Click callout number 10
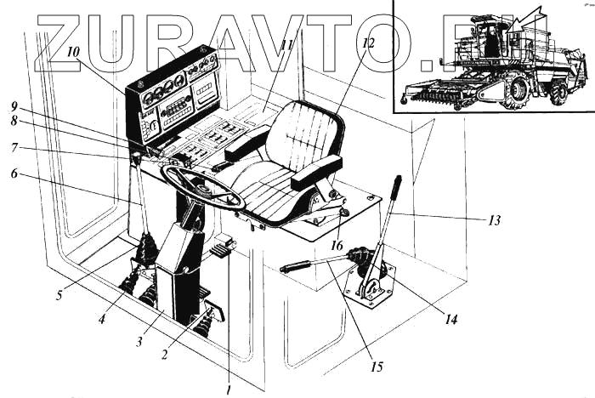pos(74,51)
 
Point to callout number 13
pos(494,220)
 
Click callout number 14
pos(450,321)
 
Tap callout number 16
pos(337,247)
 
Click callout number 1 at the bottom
pos(229,389)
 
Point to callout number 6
pos(14,174)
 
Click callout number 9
pos(14,108)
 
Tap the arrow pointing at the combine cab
pos(532,16)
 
